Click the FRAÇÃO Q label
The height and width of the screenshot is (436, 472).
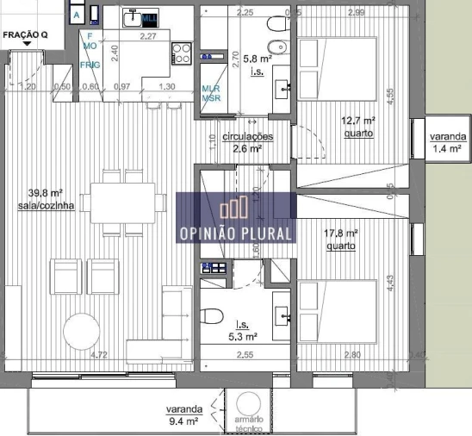pyautogui.click(x=25, y=35)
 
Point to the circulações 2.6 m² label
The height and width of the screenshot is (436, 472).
pyautogui.click(x=247, y=142)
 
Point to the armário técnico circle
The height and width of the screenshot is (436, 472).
pyautogui.click(x=248, y=404)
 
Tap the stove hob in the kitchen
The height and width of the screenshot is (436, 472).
pyautogui.click(x=182, y=52)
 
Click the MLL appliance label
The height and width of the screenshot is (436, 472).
pyautogui.click(x=149, y=17)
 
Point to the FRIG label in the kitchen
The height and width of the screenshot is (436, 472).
pyautogui.click(x=90, y=65)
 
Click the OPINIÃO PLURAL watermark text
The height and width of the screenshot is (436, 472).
pyautogui.click(x=236, y=233)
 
